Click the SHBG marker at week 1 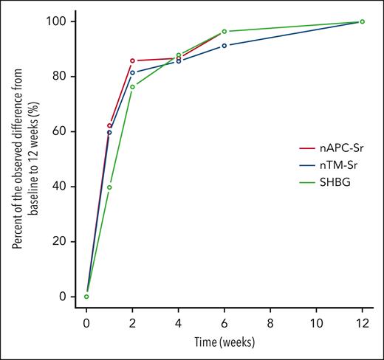[x=109, y=187]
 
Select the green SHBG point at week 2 [x=132, y=86]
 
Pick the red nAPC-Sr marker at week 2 [x=132, y=60]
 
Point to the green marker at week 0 [x=86, y=297]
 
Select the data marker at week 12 [x=362, y=21]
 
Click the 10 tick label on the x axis [x=316, y=323]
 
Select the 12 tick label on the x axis [x=362, y=323]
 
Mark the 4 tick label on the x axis [x=178, y=323]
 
